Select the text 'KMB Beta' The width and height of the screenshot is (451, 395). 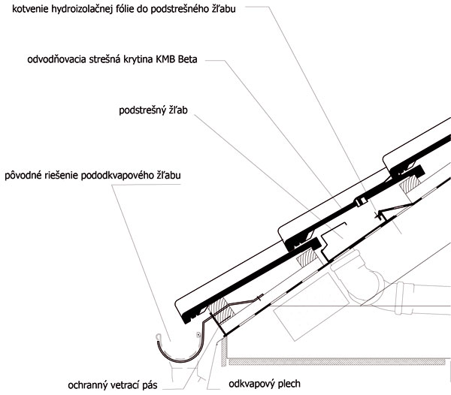click(177, 59)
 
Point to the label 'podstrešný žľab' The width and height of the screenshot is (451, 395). click(153, 110)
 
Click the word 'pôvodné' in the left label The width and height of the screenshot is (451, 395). click(23, 175)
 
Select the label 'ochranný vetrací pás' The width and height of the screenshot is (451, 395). click(113, 385)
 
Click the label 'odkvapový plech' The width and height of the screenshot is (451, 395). click(265, 384)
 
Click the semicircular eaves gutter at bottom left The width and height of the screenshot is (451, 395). click(178, 358)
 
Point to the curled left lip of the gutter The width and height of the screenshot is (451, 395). click(158, 336)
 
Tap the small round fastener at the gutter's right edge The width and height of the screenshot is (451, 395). click(198, 335)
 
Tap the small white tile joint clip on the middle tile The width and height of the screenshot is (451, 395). click(361, 202)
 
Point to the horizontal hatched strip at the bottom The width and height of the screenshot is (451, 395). click(337, 361)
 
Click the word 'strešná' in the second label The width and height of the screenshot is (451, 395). click(104, 59)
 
